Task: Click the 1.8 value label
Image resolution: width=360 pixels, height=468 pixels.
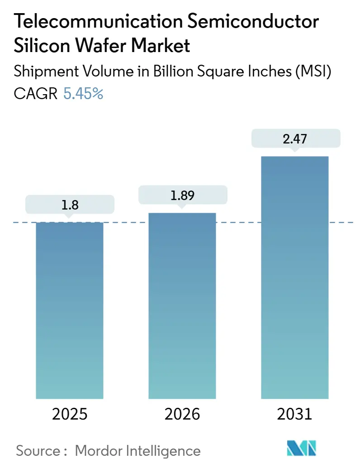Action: pos(70,205)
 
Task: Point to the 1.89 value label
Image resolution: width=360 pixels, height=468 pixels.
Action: pos(182,195)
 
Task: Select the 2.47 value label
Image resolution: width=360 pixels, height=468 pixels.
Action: pos(295,139)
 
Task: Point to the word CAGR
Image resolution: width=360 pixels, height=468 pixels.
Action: pos(36,94)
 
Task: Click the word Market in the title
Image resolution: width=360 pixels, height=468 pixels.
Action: pos(158,46)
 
